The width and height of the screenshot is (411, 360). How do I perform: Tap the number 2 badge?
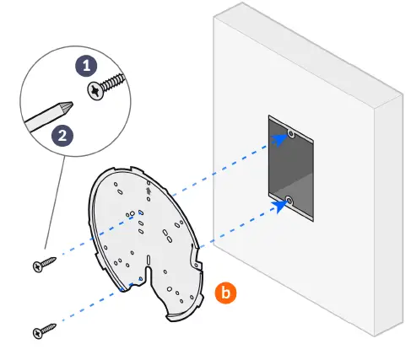coord(60,134)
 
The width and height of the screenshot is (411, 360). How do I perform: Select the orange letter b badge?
coord(224,293)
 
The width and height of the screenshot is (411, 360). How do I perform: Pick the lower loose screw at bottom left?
coord(43,329)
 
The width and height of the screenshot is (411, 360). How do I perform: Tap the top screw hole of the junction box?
coord(290,134)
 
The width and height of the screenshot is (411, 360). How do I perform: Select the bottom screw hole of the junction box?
coord(289,201)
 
